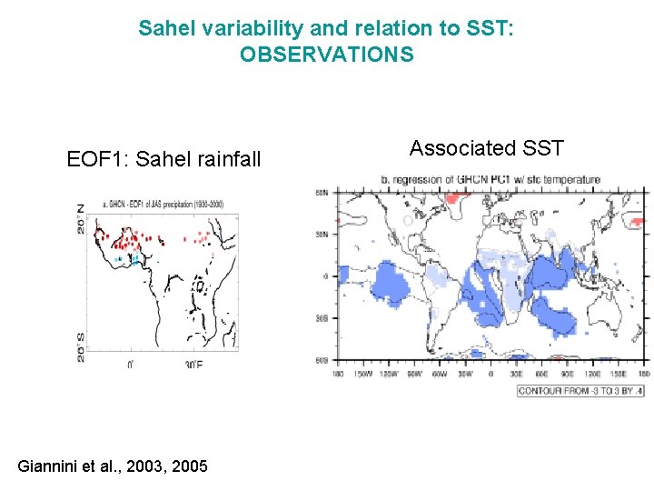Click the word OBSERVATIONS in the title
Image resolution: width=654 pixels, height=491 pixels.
326,55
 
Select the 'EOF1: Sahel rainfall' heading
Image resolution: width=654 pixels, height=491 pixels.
163,159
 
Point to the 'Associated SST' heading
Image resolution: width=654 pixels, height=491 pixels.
487,147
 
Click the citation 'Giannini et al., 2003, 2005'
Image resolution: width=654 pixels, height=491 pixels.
113,466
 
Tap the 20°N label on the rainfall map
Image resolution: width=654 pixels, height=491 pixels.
81,219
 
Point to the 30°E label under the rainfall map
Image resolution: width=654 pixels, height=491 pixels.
193,365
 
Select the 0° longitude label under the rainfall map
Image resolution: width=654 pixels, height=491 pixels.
130,365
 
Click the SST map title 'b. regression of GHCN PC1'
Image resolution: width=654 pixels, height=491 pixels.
490,180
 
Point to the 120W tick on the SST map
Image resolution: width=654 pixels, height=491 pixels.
389,373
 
